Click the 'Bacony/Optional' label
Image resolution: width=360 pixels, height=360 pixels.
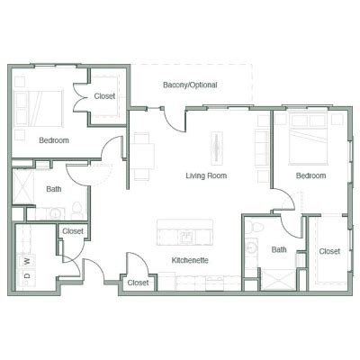click(x=190, y=85)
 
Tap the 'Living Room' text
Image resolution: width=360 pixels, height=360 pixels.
click(x=206, y=175)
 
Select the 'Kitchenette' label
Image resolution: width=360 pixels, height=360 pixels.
click(x=190, y=260)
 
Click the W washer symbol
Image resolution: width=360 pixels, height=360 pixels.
click(x=27, y=261)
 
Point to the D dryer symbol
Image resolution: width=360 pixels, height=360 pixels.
click(x=27, y=276)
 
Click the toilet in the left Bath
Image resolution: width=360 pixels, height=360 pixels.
click(x=77, y=210)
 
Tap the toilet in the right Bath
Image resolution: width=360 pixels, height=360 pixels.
click(x=256, y=227)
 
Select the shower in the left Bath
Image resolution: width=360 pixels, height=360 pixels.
click(x=23, y=186)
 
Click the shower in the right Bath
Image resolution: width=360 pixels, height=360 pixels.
click(x=278, y=280)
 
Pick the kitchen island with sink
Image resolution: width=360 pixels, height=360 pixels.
click(x=185, y=232)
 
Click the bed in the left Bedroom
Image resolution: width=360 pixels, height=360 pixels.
click(x=40, y=109)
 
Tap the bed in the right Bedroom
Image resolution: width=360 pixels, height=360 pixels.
click(x=308, y=139)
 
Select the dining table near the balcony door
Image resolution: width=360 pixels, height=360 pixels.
click(x=142, y=156)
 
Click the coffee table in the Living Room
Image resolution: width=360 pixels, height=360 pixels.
click(x=217, y=148)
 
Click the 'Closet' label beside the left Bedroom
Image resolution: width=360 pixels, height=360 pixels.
click(x=104, y=96)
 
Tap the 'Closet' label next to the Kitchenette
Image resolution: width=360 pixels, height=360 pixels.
click(x=138, y=283)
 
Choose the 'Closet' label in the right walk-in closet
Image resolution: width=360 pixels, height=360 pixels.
click(x=329, y=251)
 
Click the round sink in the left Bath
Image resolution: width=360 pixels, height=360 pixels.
click(x=55, y=213)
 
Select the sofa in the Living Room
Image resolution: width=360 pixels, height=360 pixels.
click(x=262, y=148)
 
